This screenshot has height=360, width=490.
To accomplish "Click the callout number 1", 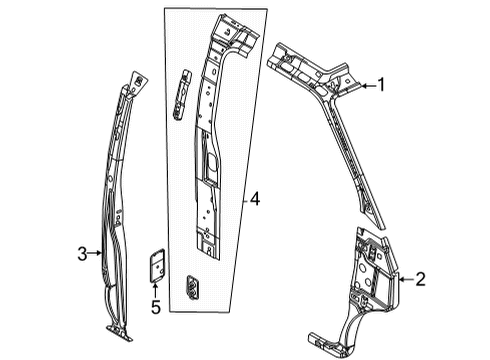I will point(380,86).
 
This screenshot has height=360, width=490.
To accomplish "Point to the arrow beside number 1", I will point(366,86).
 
